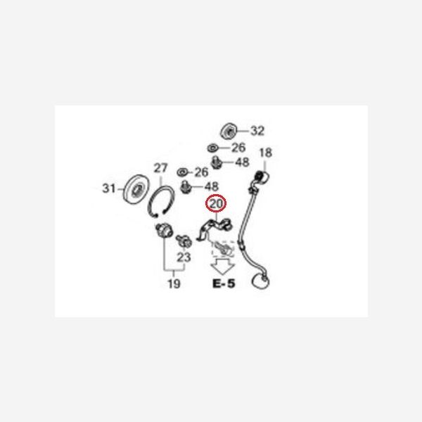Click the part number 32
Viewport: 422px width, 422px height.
click(257, 131)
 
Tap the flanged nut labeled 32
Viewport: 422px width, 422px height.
click(229, 131)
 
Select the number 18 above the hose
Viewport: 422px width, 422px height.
click(265, 153)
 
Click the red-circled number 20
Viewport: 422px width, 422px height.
click(216, 204)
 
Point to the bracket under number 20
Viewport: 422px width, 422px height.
click(215, 228)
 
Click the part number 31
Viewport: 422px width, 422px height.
click(109, 188)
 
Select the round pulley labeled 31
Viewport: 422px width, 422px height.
click(136, 189)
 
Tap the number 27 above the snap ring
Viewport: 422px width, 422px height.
click(160, 168)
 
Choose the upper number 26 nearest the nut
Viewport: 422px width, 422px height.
click(238, 148)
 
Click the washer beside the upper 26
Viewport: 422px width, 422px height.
click(213, 148)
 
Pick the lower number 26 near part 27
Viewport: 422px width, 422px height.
click(201, 172)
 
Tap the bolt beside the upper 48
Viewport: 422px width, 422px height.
click(216, 162)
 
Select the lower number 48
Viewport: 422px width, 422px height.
click(212, 186)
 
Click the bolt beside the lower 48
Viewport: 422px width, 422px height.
click(186, 187)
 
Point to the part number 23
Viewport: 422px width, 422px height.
click(184, 257)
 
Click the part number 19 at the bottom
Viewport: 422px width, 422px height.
click(174, 283)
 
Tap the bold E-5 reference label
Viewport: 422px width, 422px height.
click(224, 283)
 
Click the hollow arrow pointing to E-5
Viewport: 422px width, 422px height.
click(222, 267)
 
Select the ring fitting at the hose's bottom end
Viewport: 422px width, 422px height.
click(260, 281)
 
